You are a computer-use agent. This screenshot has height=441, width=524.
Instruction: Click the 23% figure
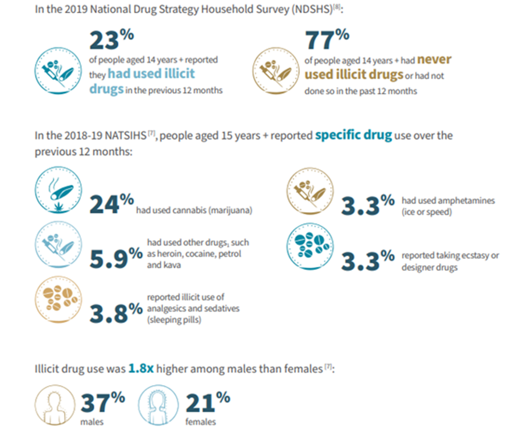click(111, 42)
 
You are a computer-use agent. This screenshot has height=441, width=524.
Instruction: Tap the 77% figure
click(327, 42)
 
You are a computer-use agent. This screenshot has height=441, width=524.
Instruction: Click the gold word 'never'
click(434, 59)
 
